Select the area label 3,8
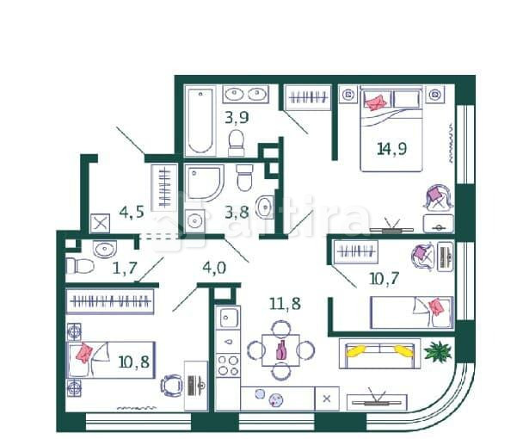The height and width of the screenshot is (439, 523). [x=237, y=209]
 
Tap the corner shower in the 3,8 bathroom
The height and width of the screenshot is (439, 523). [x=204, y=182]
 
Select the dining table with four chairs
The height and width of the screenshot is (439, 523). [x=280, y=349]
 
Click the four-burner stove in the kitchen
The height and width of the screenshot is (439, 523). [x=227, y=364]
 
